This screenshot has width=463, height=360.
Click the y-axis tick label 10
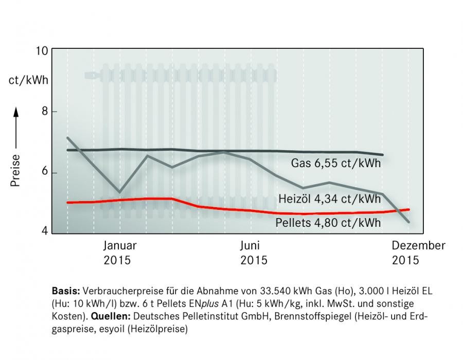(42, 51)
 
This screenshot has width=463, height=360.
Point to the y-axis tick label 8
(45, 111)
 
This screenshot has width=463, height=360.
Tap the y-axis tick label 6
(45, 171)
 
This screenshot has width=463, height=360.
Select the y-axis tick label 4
(45, 231)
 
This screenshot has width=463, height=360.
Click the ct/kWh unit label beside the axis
(28, 80)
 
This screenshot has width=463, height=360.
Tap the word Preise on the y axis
(15, 170)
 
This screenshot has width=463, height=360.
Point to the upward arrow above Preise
(15, 129)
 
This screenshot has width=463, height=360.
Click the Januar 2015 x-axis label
(120, 253)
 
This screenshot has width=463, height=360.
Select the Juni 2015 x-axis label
(254, 253)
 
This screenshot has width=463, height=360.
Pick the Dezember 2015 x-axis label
(418, 253)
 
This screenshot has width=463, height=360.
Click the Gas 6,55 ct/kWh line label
(336, 163)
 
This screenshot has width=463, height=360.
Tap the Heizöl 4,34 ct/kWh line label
(330, 199)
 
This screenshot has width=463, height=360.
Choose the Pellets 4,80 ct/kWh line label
(328, 223)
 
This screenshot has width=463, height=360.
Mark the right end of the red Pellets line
(409, 209)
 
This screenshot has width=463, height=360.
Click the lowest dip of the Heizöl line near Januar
(119, 192)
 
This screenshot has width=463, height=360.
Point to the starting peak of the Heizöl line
(67, 137)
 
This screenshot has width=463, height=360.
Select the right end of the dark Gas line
(383, 155)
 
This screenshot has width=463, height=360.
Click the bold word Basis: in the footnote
(66, 291)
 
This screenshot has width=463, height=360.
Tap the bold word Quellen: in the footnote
(111, 316)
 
